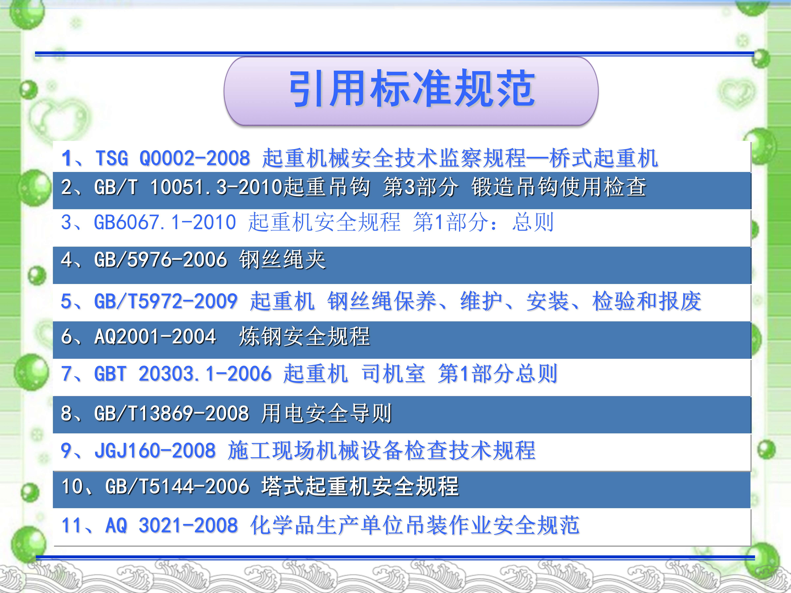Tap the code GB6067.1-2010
(x=165, y=222)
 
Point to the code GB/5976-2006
(x=161, y=259)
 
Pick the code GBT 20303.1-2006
(x=183, y=374)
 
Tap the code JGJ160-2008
(x=155, y=450)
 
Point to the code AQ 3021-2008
(x=171, y=525)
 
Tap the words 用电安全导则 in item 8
(x=326, y=414)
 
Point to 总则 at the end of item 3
(x=533, y=222)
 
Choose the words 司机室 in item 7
(x=393, y=374)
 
